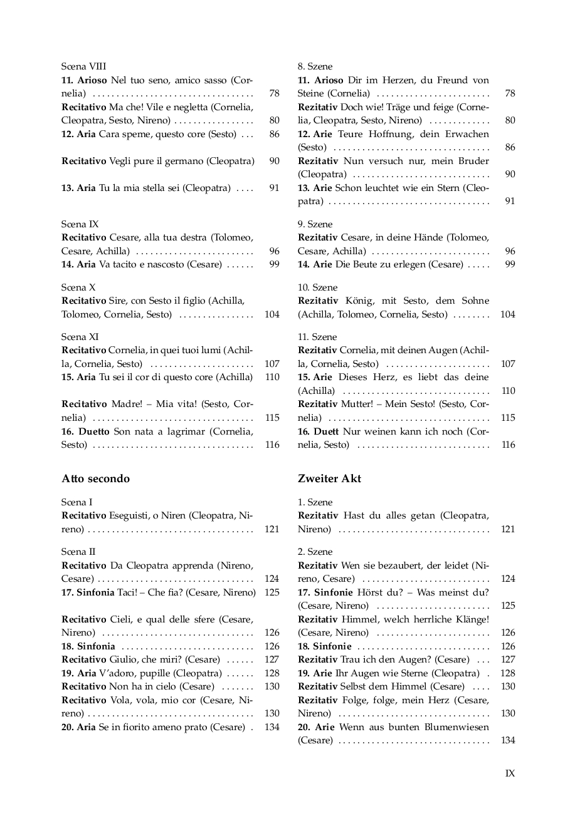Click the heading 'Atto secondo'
coord(95,478)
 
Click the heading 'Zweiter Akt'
coord(329,478)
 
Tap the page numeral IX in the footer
coord(510,773)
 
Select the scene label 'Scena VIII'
coord(83,66)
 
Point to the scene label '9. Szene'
coord(315,224)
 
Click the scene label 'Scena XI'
coord(80,337)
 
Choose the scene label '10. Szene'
coord(317,287)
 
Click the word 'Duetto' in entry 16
coord(94,431)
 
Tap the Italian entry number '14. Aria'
coord(78,264)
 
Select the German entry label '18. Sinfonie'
coord(324,646)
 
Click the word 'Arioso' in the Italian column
coord(92,80)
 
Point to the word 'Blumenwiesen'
coord(461,727)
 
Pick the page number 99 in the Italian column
coord(274,264)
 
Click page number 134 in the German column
coord(508,740)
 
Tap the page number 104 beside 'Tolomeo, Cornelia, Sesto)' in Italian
coord(272,314)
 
